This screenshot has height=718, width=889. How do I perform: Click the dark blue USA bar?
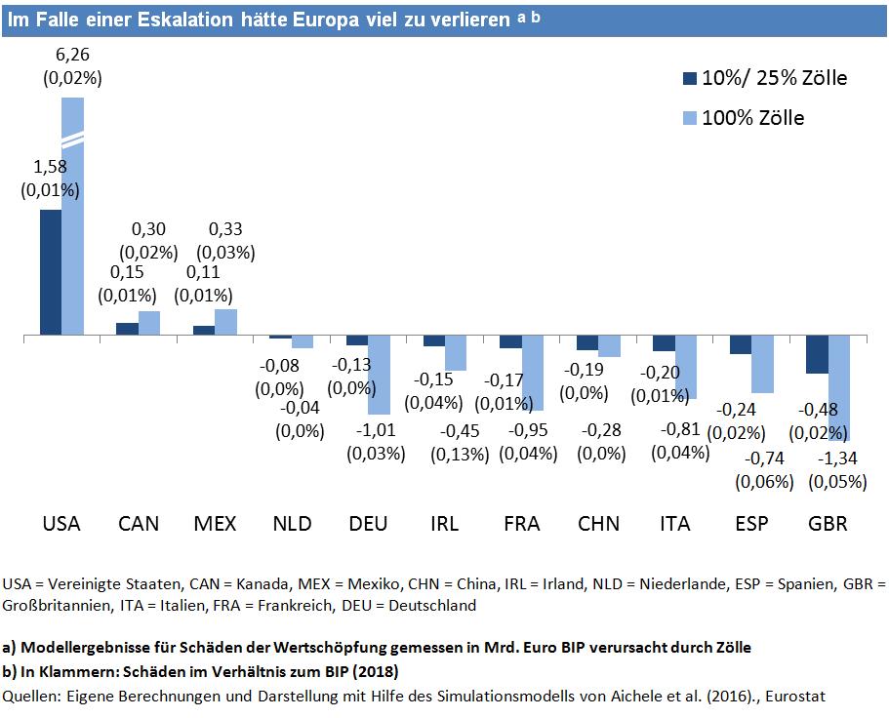coord(51,272)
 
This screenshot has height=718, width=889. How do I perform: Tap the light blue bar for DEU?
coord(379,375)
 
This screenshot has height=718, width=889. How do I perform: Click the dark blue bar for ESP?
coord(741,344)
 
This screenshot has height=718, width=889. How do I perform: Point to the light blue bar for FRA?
coord(532,373)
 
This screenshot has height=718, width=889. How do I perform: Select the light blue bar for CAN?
coord(149,323)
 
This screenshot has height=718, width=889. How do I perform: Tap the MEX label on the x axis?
coord(216,524)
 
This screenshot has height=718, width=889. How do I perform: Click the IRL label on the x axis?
coord(444,524)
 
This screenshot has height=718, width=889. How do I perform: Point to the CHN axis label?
coord(598,524)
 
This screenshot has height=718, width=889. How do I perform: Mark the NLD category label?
coord(292,524)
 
